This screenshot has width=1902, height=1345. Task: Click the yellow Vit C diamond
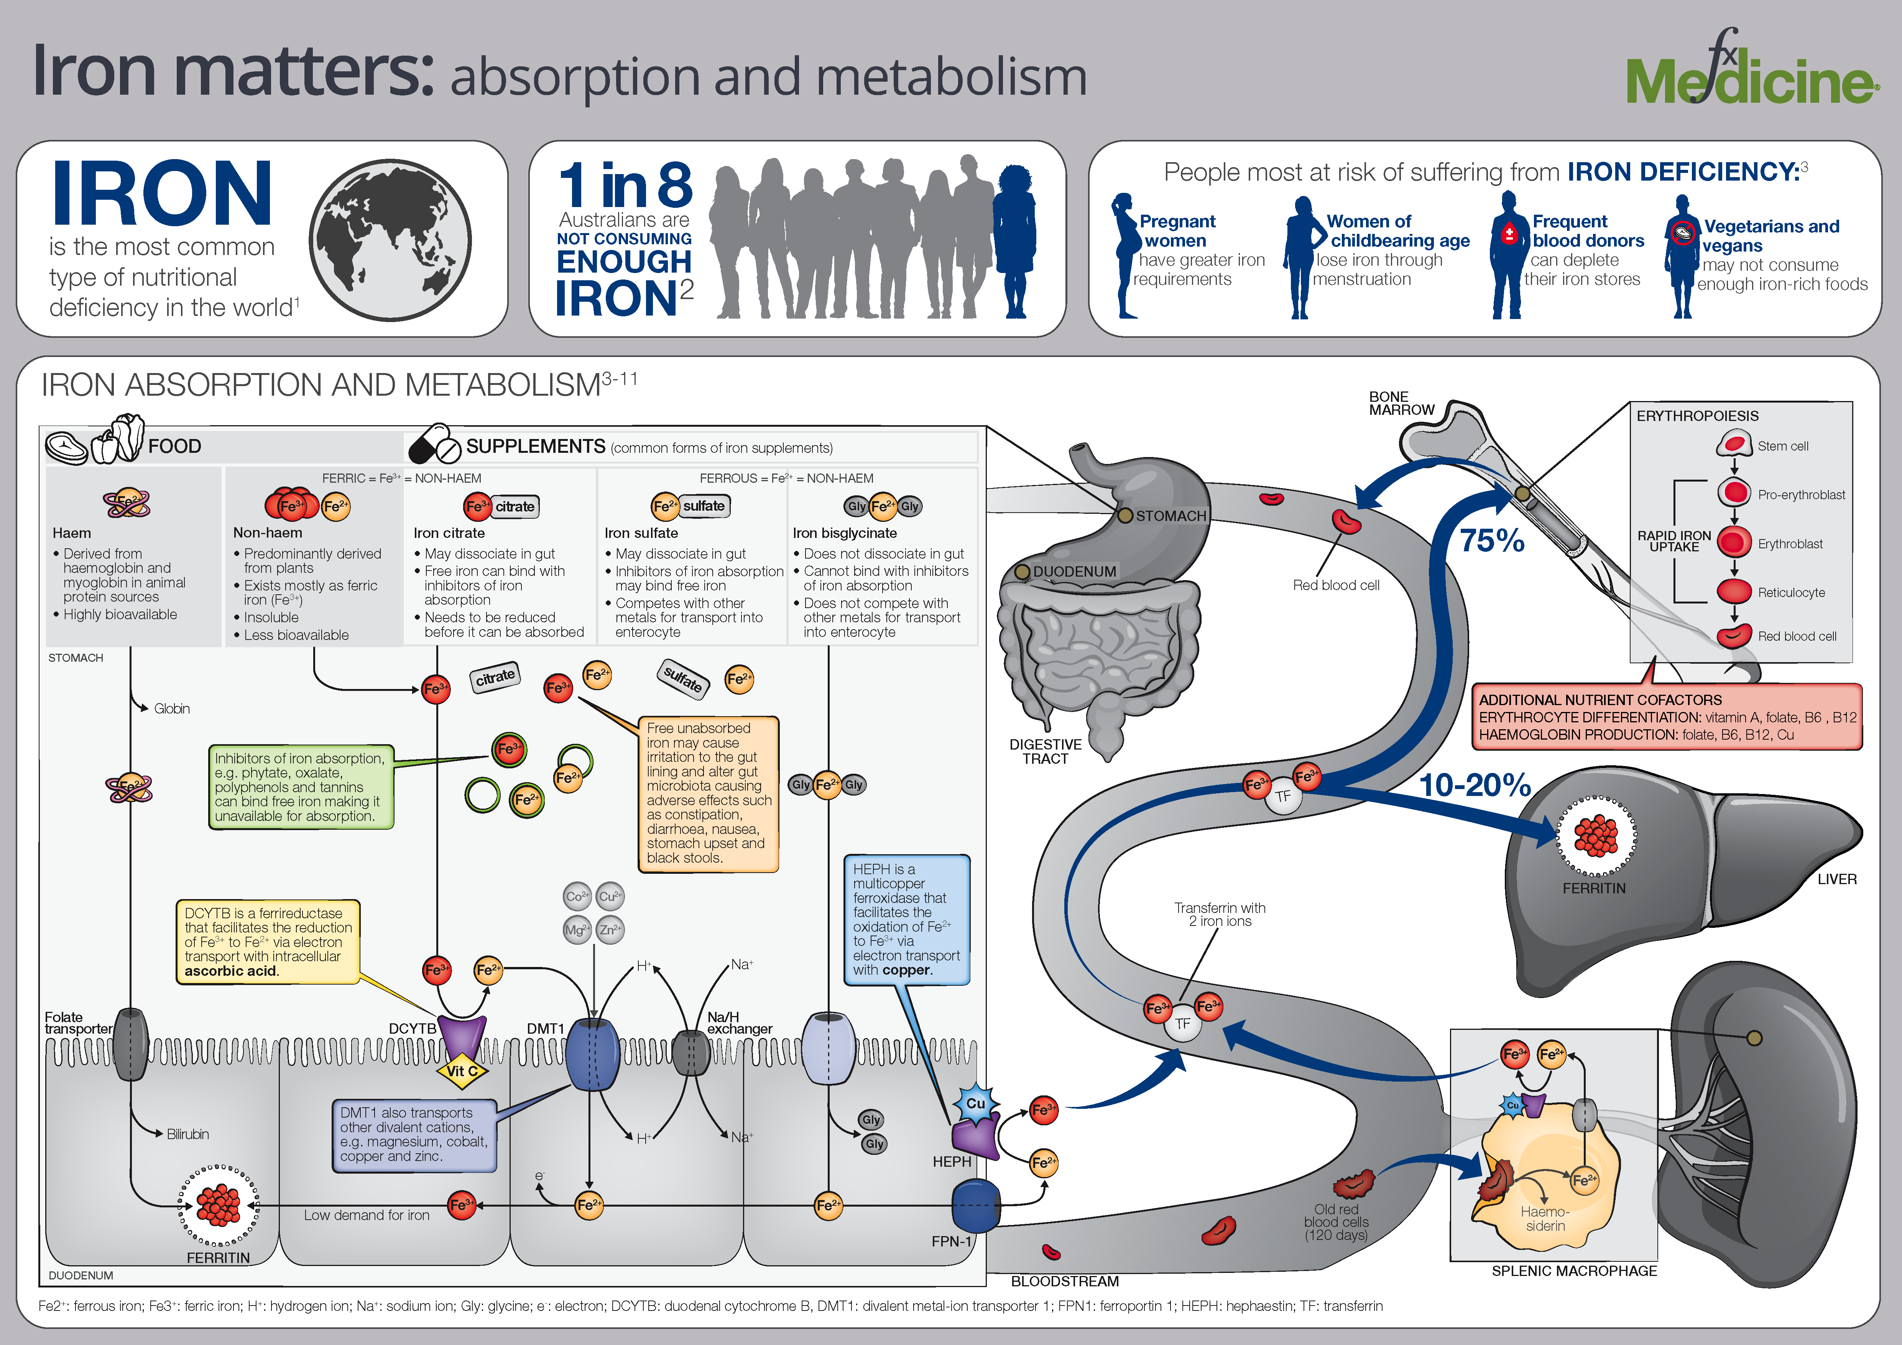point(462,1071)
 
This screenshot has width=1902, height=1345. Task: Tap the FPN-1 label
point(951,1241)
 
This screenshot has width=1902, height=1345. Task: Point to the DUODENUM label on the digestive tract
point(1074,571)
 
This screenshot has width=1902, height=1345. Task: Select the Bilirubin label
point(187,1134)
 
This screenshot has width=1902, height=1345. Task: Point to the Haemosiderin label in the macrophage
point(1545,1218)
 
